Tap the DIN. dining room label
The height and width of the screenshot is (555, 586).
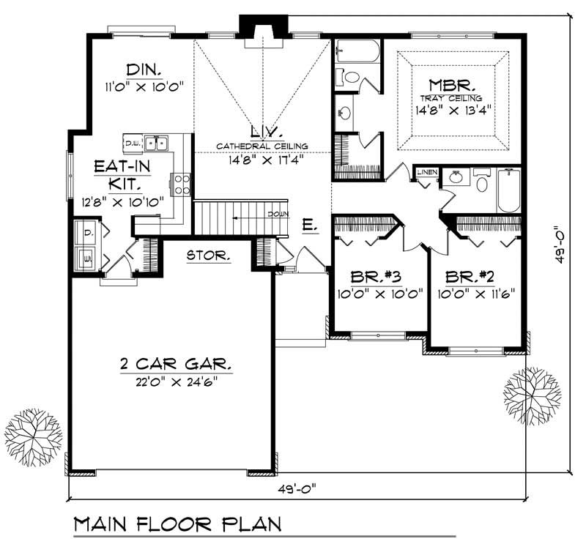click(x=144, y=70)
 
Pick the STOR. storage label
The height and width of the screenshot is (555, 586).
click(x=209, y=256)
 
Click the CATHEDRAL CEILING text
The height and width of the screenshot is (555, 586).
click(x=262, y=146)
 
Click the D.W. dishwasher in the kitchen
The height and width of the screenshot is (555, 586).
click(x=133, y=142)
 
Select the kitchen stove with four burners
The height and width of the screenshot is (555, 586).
click(x=182, y=182)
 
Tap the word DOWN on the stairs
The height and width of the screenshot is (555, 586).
click(x=277, y=215)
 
